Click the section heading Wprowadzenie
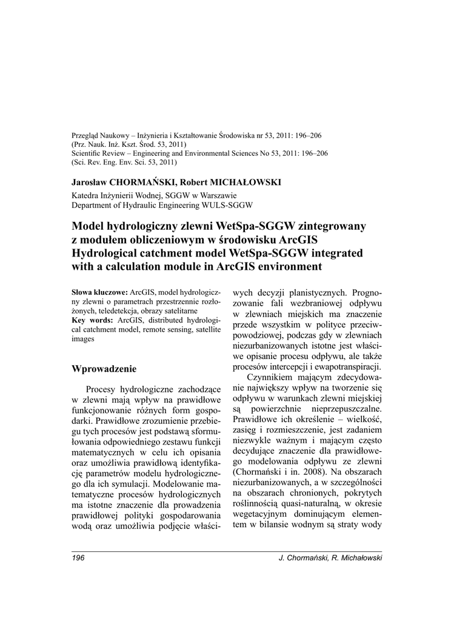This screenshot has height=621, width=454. (x=104, y=369)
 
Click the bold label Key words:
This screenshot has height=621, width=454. (x=92, y=320)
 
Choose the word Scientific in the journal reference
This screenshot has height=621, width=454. (x=88, y=154)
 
